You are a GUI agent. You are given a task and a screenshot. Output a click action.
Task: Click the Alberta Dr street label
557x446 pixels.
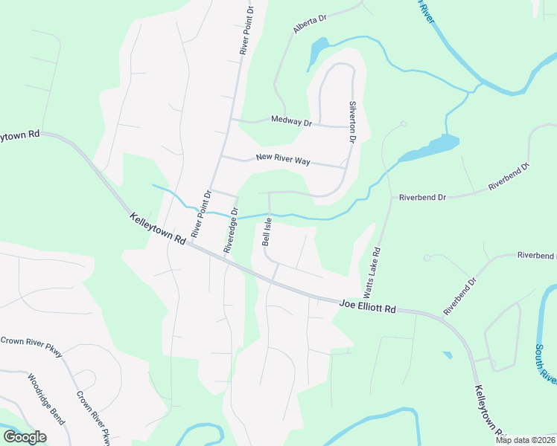tap(311, 25)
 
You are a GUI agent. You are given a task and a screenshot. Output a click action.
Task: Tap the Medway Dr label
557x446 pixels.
tap(291, 120)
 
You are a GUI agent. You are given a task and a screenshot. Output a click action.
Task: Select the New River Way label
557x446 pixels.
tap(282, 158)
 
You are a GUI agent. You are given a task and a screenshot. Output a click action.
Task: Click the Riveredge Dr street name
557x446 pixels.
tap(231, 230)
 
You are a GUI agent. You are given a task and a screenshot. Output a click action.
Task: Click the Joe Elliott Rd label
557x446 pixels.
tap(367, 304)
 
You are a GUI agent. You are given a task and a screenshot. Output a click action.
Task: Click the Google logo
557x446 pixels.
tap(25, 437)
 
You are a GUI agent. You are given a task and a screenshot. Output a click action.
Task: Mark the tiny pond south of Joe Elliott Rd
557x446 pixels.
tap(446, 355)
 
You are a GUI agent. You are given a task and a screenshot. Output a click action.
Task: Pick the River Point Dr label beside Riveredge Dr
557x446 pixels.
tap(201, 214)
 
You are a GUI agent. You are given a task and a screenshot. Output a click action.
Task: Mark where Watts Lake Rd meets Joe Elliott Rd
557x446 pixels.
tap(363, 301)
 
